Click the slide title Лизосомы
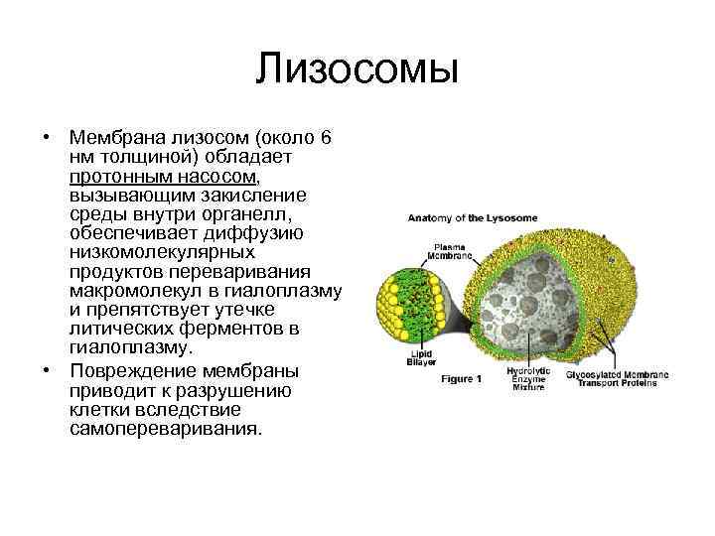point(357,70)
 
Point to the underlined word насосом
point(214,176)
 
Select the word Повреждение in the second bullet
point(128,370)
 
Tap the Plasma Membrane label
point(423,250)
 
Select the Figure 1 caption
point(461,378)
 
